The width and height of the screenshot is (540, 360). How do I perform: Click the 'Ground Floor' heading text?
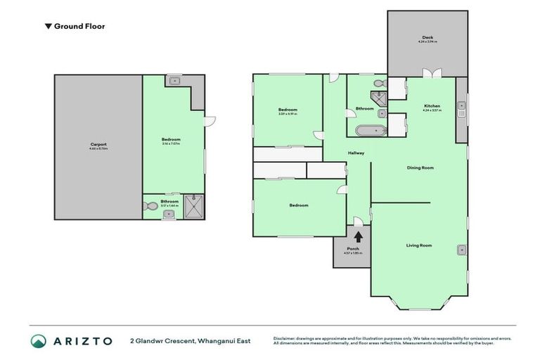coord(79,26)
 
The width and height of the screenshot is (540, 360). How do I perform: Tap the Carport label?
coord(98,144)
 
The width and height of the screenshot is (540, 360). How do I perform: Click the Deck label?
coord(427,38)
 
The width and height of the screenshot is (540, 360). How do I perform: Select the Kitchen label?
coord(431,106)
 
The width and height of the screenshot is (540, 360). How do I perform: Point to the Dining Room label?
coord(420,167)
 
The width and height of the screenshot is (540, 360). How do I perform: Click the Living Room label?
coord(418,245)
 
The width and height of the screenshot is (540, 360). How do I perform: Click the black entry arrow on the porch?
coord(358,238)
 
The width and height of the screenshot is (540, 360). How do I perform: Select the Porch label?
coord(353,249)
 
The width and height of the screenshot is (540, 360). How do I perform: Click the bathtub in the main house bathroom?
coord(368,130)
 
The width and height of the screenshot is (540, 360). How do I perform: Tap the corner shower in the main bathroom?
coord(380,99)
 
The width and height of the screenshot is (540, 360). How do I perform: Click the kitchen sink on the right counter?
coord(461,109)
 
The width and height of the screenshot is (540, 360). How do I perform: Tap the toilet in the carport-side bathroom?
coord(150,207)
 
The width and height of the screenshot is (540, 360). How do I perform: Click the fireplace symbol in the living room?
coord(461,249)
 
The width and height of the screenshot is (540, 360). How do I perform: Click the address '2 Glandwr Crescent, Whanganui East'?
coord(190,341)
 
